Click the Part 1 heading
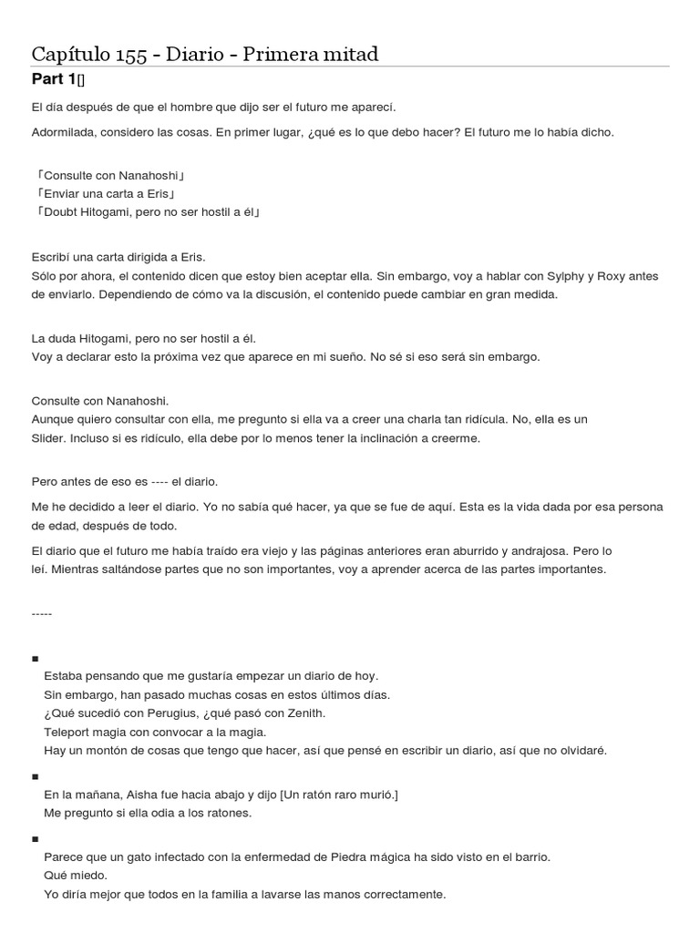pos(54,80)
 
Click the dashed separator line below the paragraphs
pos(42,613)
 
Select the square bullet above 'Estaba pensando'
pos(35,658)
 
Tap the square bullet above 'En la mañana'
pos(35,776)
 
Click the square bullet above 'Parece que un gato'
pos(35,839)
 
